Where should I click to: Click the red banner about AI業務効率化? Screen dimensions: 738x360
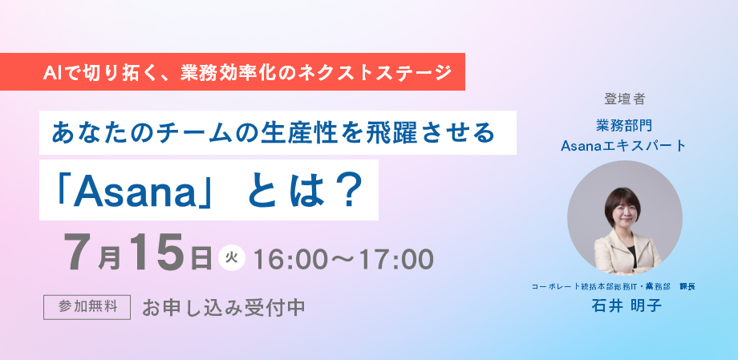coord(233,71)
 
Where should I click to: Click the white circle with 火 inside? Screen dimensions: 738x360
coord(232,258)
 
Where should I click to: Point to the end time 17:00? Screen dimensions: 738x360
coord(397,259)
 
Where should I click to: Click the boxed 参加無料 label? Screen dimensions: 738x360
coord(87,307)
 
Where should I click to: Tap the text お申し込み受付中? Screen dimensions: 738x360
coord(224,308)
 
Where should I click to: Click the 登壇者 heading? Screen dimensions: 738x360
coord(625,99)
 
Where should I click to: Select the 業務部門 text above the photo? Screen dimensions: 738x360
coord(624,126)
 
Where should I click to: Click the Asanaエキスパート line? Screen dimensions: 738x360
coord(624,146)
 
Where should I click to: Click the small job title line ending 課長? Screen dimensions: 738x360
coord(614,286)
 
